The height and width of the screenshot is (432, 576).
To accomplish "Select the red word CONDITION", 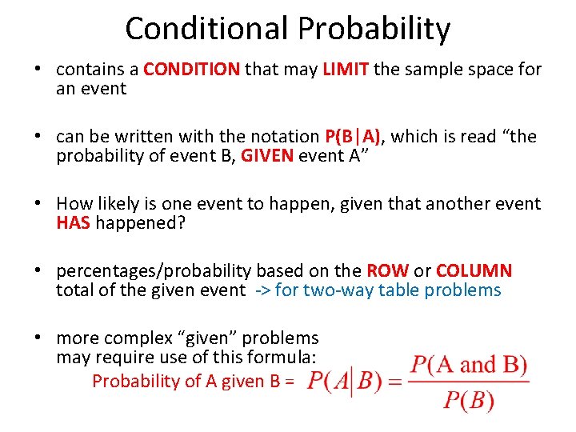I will click(x=191, y=70).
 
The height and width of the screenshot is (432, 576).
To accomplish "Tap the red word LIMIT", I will click(x=346, y=70).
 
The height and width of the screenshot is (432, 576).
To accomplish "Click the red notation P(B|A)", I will click(x=354, y=137).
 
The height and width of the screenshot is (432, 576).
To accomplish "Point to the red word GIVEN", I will click(x=268, y=156).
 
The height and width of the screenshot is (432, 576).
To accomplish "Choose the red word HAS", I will click(x=73, y=223).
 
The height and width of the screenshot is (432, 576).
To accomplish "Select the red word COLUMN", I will click(x=474, y=271).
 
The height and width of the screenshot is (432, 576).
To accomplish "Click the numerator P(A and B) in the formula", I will click(x=469, y=366).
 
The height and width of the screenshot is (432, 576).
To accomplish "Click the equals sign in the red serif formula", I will click(x=394, y=382).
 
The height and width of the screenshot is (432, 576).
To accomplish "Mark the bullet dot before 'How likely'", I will click(x=38, y=205).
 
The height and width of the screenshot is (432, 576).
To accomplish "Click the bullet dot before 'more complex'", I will click(x=38, y=339).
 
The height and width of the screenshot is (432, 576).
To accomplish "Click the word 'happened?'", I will click(x=141, y=223).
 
